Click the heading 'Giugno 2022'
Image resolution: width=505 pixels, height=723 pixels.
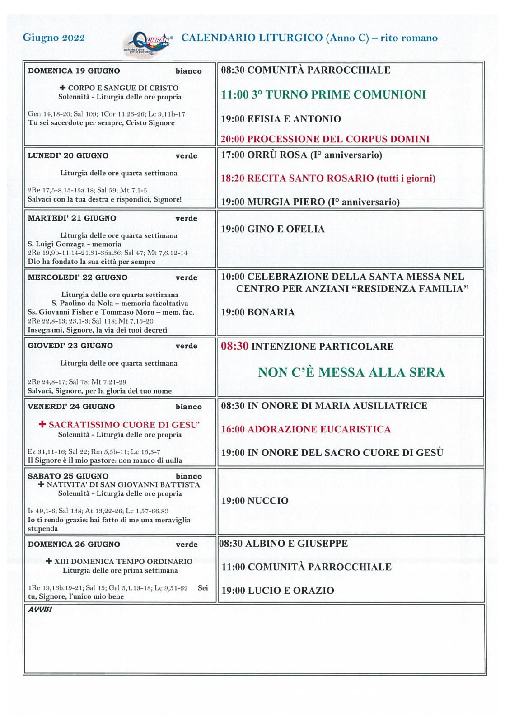[x=54, y=38]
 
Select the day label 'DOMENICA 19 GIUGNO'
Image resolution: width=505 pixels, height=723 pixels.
[x=74, y=71]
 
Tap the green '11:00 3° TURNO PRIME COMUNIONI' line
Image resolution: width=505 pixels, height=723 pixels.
[x=323, y=94]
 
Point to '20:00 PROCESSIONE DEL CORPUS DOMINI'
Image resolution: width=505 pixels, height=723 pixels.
[x=325, y=139]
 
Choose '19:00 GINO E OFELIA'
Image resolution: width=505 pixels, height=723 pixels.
[x=273, y=229]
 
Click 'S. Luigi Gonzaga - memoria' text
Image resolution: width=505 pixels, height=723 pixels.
[x=75, y=244]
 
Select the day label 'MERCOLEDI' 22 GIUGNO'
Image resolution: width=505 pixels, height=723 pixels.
[x=78, y=277]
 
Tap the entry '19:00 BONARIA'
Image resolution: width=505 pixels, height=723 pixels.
[x=258, y=312]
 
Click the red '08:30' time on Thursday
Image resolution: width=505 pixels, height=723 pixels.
[x=234, y=346]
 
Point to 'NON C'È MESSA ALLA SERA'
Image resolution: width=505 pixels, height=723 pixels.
[x=351, y=372]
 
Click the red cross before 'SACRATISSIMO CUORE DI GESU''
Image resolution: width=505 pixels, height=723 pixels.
[x=42, y=424]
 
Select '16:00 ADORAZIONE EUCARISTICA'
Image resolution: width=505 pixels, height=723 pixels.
[x=306, y=429]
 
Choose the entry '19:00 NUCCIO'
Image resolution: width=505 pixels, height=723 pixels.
[x=255, y=501]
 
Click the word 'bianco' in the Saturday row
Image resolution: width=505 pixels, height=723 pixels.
[x=189, y=476]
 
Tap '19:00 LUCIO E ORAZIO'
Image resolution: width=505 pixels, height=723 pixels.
[x=278, y=590]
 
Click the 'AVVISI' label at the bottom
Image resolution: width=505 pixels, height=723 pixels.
[x=40, y=609]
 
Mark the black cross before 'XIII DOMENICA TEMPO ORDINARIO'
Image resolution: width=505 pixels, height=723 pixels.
[x=49, y=561]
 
